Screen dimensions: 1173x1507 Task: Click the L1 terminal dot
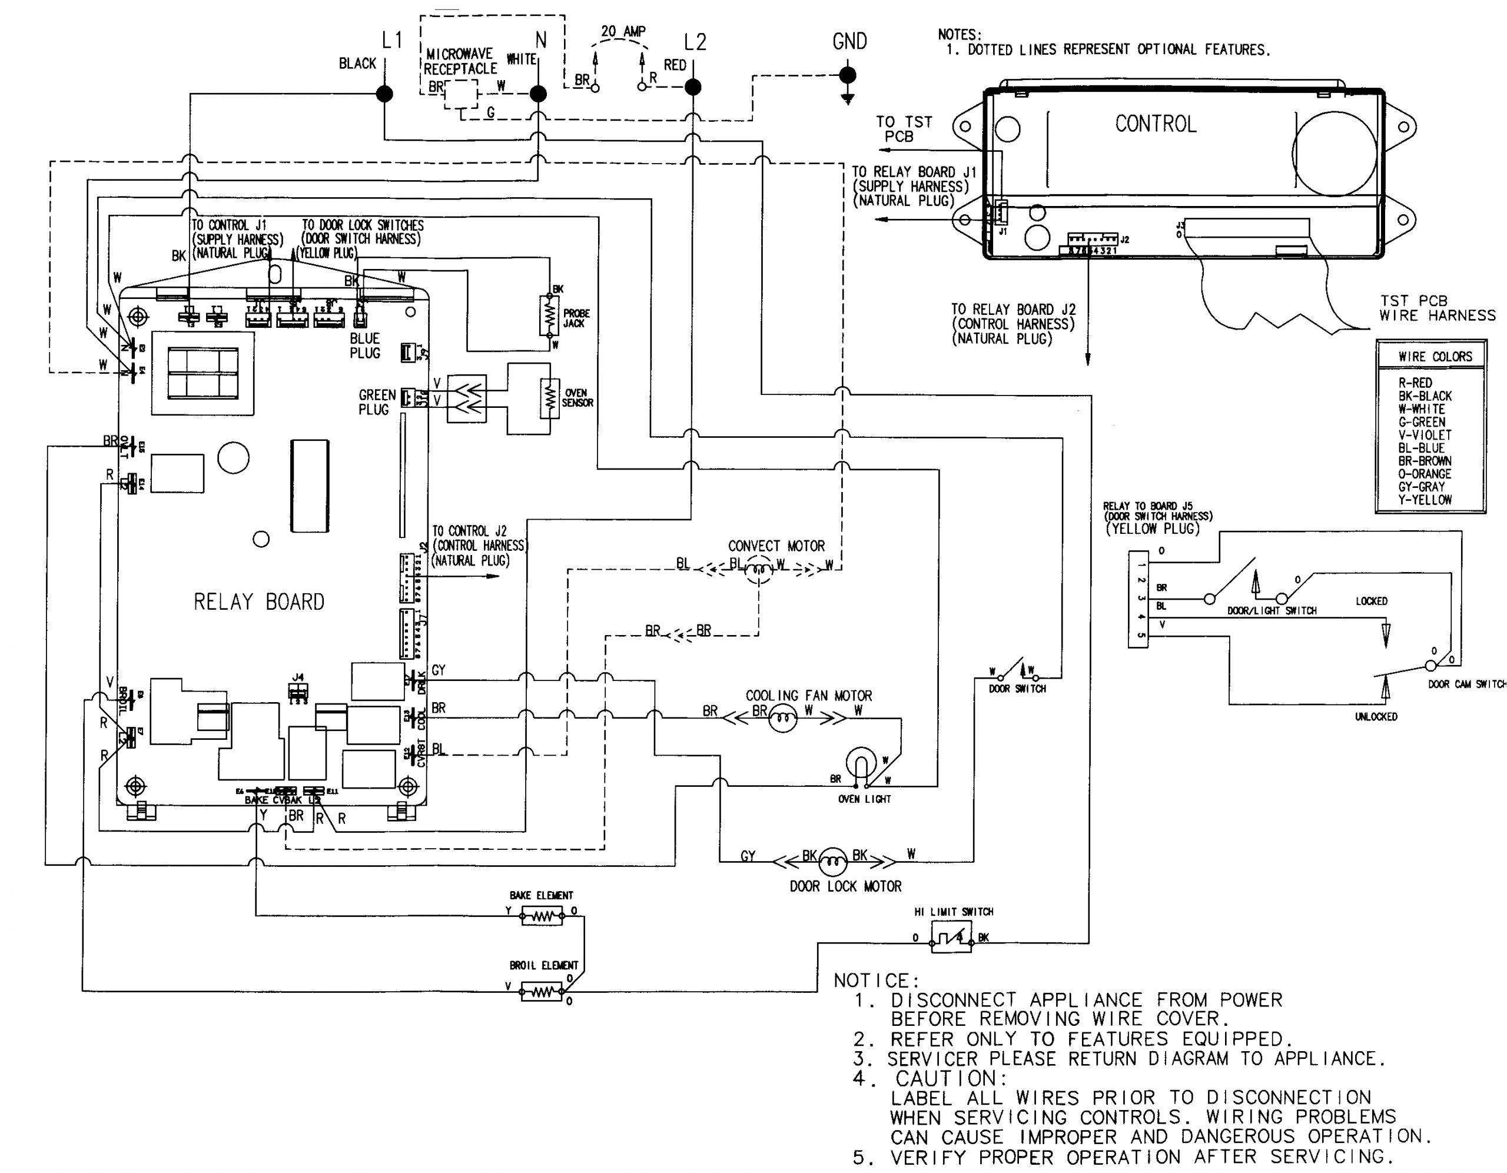pos(384,93)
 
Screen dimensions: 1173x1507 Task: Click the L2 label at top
pos(695,43)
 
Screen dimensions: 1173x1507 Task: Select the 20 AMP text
pos(623,32)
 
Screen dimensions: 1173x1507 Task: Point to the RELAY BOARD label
pos(259,602)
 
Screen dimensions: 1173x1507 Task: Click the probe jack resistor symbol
pos(549,316)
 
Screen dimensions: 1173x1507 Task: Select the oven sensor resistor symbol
pos(549,399)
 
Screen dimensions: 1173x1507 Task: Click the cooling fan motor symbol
pos(782,720)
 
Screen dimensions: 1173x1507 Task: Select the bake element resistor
pos(542,917)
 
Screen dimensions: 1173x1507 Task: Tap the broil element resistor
pos(542,993)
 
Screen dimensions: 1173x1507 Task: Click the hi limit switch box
pos(951,938)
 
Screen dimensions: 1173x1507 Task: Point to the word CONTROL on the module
pos(1155,124)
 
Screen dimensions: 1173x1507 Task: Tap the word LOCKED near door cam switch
pos(1371,601)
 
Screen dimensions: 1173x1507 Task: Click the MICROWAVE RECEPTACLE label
pos(460,61)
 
